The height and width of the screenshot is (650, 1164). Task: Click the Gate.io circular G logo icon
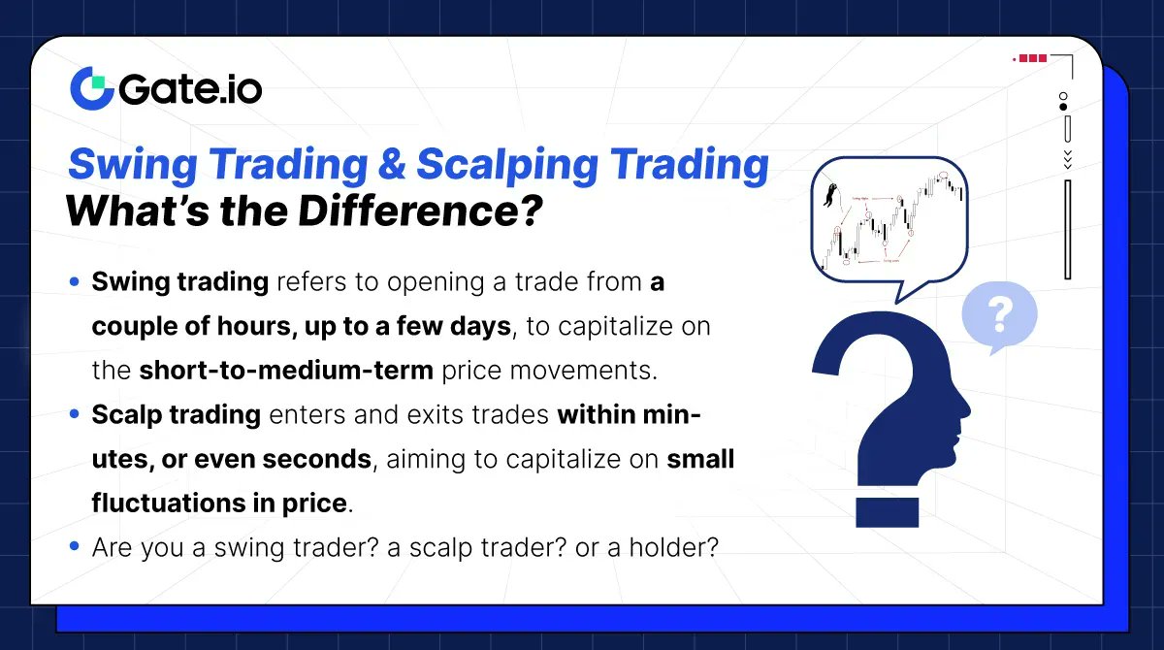click(91, 88)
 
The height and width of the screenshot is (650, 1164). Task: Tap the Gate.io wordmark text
click(191, 90)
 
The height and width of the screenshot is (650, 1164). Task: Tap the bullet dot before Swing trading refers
click(75, 282)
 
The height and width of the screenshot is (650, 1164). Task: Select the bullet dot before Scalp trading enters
click(75, 415)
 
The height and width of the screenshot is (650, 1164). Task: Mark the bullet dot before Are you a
click(75, 548)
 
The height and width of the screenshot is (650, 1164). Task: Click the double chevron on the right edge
click(1067, 157)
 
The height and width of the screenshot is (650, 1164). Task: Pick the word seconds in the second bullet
click(324, 459)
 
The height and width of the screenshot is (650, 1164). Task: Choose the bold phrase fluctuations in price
click(219, 504)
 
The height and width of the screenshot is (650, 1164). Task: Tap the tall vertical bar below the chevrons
click(1067, 229)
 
